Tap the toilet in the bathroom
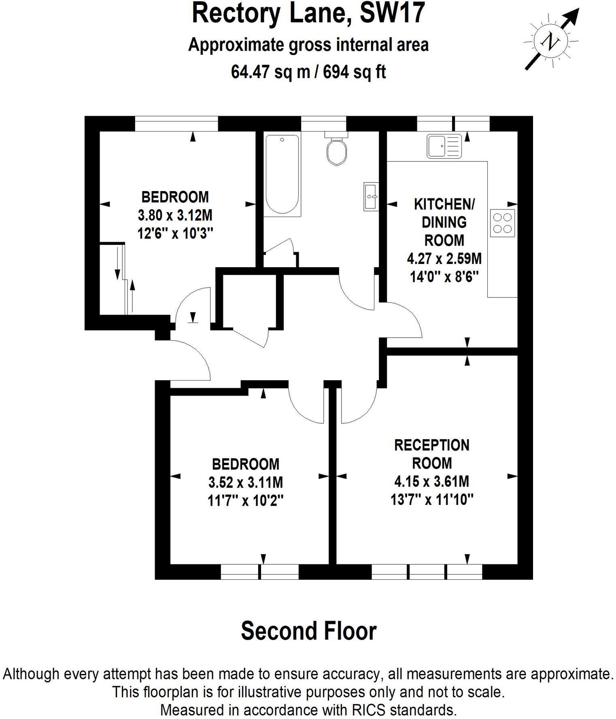coord(336,150)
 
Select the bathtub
coord(282,174)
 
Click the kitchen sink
coord(444,146)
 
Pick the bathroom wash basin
coord(371,196)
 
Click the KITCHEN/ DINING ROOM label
coord(444,222)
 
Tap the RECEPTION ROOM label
coord(432,454)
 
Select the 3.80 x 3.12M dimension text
coord(175,215)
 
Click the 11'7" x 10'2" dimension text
coord(245,501)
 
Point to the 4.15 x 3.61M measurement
coord(432,481)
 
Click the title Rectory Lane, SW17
coord(308,13)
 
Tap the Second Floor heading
coord(308,631)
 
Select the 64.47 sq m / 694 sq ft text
coord(308,72)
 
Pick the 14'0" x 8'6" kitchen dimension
coord(444,277)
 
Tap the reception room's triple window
coord(427,572)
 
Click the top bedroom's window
coord(176,123)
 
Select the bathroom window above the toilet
coord(324,123)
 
